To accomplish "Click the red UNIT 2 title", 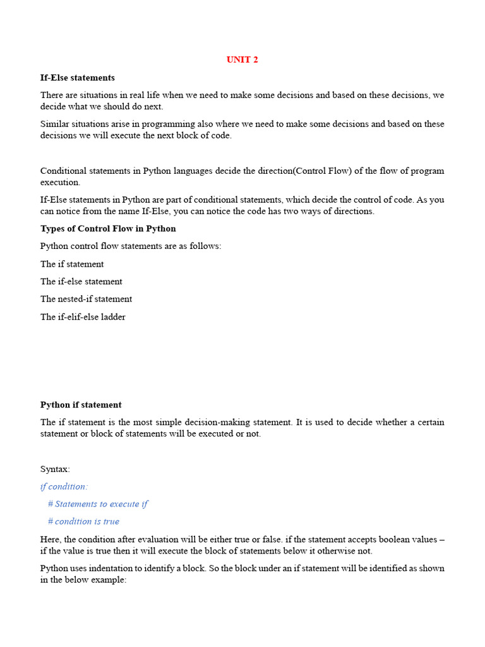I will point(242,59).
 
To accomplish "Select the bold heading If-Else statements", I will point(78,78).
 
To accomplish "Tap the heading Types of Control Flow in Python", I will point(108,229).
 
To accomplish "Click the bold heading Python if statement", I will point(81,405).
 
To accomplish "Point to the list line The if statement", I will point(72,264).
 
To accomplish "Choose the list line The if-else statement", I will point(81,282).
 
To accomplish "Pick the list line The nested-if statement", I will point(86,299).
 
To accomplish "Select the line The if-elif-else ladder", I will point(83,317).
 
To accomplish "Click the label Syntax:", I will point(56,469).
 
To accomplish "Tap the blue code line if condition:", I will point(64,487).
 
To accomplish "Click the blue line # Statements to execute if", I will point(98,504).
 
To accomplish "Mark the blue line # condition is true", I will point(83,522).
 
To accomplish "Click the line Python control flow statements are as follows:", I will point(131,246).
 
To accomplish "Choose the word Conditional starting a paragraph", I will point(64,171).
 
